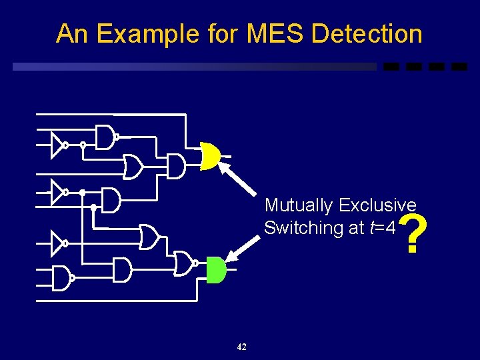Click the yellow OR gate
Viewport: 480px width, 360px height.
coord(210,155)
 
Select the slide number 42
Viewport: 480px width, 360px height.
coord(241,347)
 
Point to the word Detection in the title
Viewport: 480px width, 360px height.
coord(367,33)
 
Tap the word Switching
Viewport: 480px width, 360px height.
coord(303,227)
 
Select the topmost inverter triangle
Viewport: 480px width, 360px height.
coord(57,145)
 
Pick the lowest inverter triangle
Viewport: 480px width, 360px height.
coord(57,243)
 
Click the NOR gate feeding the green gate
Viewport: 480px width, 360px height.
coord(183,263)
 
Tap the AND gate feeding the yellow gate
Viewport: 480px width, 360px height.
coord(175,166)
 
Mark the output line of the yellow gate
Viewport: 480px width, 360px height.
coord(227,156)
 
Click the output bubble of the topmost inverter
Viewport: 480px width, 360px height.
coord(66,145)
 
